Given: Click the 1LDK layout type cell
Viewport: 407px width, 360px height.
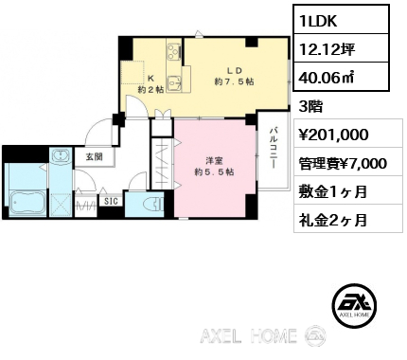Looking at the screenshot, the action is (x=342, y=19).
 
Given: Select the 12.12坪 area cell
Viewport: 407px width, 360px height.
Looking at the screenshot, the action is (x=342, y=48).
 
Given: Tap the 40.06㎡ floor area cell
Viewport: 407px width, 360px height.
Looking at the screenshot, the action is (x=342, y=77).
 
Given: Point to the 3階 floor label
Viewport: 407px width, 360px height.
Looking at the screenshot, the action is (x=310, y=107).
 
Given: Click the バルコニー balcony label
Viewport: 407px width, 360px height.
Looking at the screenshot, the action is (x=274, y=148).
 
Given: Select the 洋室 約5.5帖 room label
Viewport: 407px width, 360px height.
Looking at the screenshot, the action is (x=215, y=167).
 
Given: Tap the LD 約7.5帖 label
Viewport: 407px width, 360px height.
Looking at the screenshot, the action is (x=234, y=76).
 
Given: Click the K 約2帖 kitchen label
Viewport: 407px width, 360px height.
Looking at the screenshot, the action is (x=150, y=84).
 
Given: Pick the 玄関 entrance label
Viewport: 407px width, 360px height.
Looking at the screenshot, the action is (x=95, y=156).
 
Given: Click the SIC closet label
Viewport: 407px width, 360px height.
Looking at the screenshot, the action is (x=111, y=201).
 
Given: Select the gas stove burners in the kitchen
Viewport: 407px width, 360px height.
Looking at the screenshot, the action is (x=174, y=51).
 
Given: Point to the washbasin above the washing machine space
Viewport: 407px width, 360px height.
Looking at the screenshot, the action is (x=61, y=155).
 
